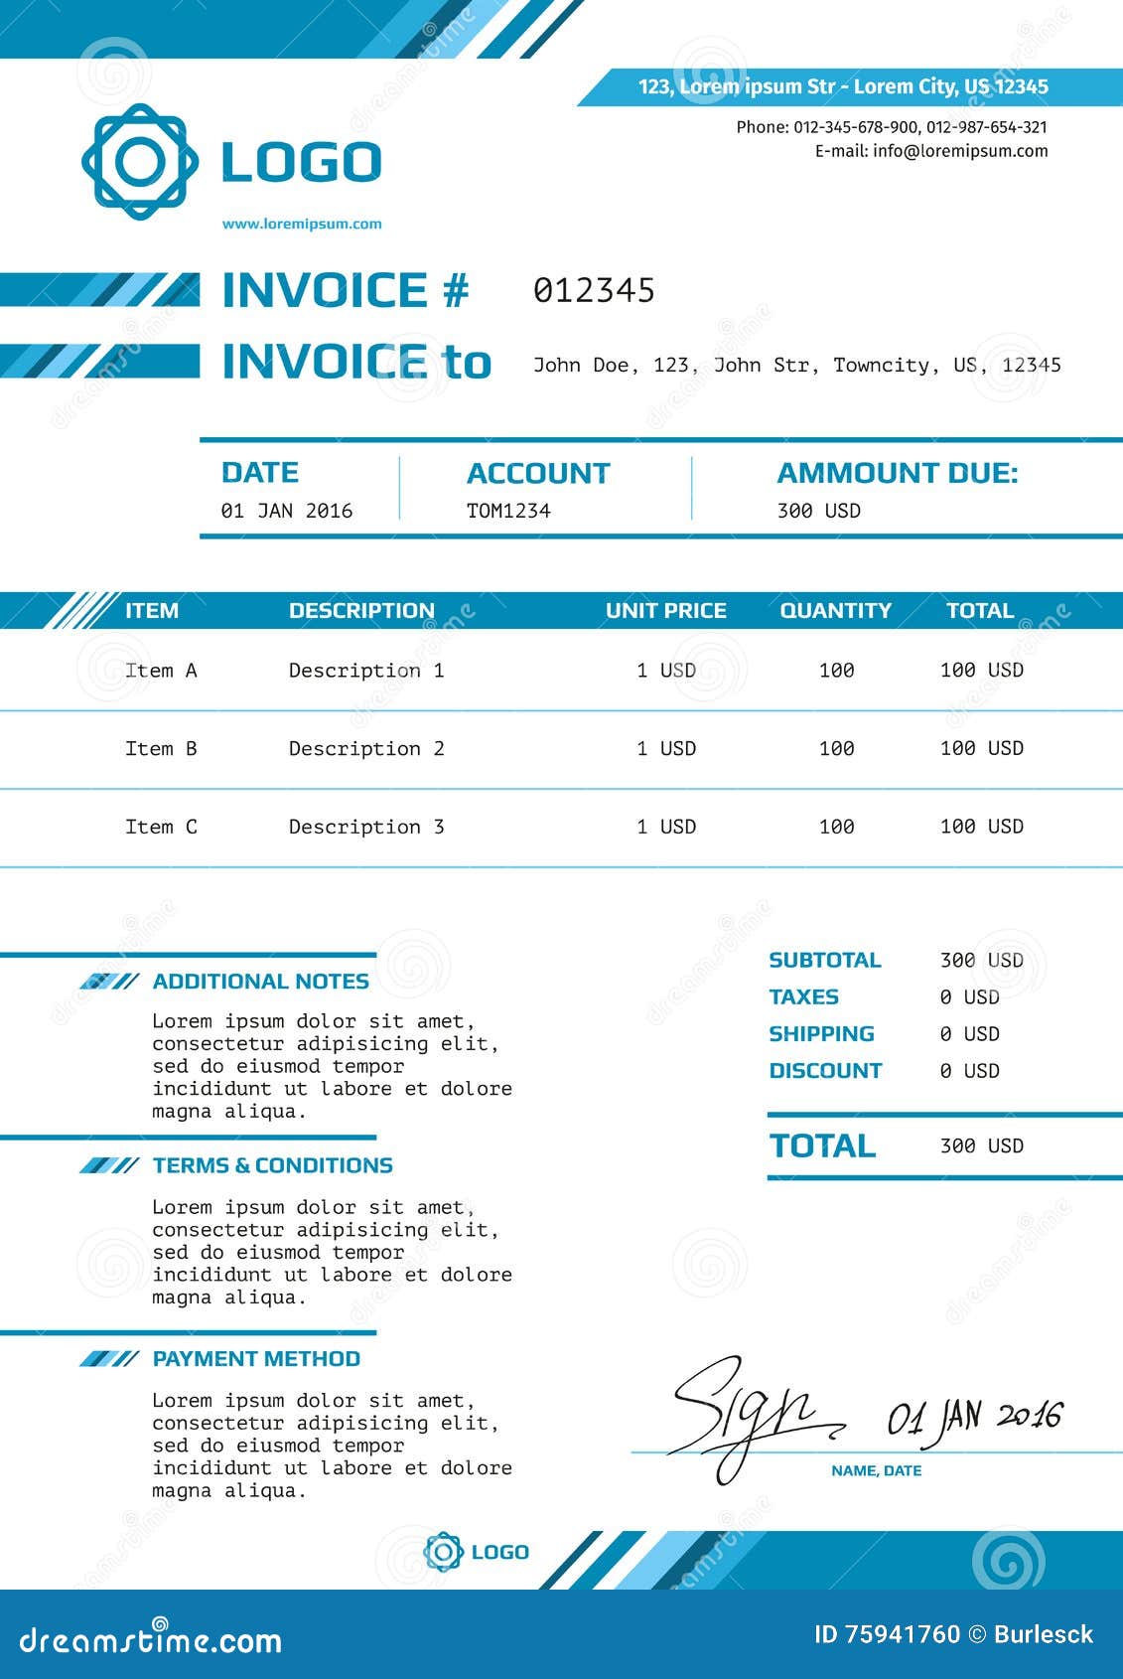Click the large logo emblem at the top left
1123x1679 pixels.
[139, 162]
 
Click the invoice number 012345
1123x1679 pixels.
[594, 290]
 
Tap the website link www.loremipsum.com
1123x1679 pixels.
[302, 224]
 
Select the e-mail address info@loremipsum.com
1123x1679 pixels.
[960, 151]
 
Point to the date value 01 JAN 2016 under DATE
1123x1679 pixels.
[287, 511]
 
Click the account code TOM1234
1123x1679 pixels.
[508, 511]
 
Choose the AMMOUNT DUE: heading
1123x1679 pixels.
[898, 473]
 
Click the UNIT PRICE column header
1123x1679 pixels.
[666, 610]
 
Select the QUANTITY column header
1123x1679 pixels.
[836, 610]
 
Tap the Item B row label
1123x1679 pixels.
[161, 748]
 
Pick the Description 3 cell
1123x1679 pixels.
[366, 827]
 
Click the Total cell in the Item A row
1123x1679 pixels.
[982, 670]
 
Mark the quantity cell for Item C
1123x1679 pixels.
[837, 827]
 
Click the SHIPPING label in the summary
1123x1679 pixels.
[821, 1033]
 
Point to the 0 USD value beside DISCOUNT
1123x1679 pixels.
[970, 1071]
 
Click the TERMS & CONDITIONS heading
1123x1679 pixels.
[273, 1165]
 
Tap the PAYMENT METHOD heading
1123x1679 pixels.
[256, 1358]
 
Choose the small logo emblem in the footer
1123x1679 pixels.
[443, 1552]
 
